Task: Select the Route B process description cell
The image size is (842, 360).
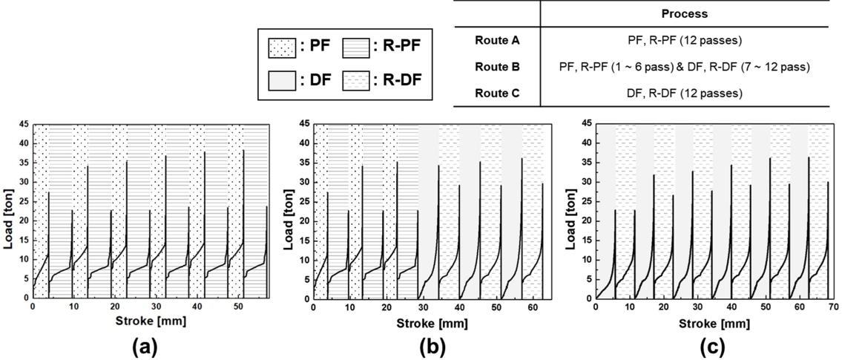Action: [x=683, y=67]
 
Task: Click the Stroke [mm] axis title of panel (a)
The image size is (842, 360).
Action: [x=150, y=321]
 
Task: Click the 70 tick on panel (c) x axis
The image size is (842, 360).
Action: [x=832, y=306]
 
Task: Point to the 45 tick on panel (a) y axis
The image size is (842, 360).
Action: [x=23, y=123]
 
